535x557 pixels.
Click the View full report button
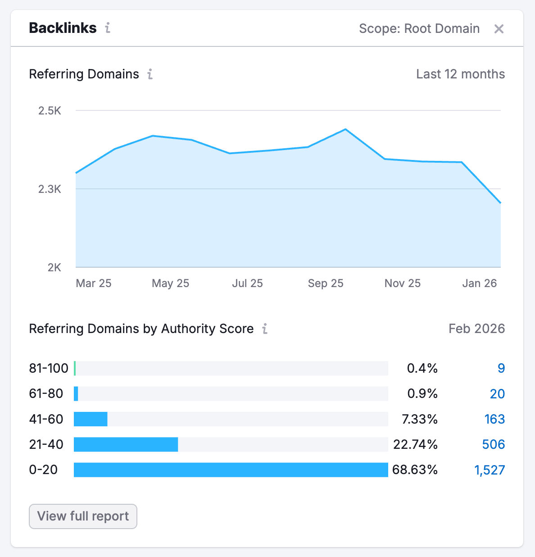83,516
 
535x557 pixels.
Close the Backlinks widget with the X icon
499,29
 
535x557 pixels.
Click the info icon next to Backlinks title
108,28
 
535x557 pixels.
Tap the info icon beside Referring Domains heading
150,74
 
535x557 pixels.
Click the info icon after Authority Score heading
265,329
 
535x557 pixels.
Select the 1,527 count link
490,470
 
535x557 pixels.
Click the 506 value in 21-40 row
493,444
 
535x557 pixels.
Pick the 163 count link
494,419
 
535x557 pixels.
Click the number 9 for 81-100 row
501,368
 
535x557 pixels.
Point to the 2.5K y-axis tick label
50,111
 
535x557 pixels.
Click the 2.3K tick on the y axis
50,189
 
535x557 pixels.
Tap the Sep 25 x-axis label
325,283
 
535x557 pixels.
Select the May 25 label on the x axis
170,283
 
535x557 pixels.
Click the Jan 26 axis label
479,283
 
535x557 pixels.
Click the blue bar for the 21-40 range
126,444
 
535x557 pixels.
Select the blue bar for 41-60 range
91,419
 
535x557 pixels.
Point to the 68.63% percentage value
415,470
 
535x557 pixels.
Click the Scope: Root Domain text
419,29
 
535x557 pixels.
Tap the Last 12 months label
460,74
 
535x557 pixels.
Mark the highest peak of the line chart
345,129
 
